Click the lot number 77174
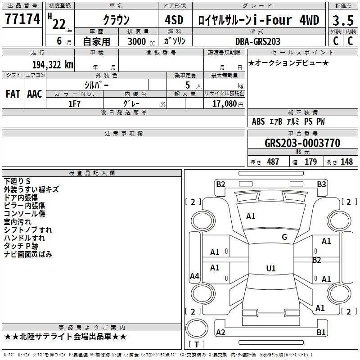[22, 19]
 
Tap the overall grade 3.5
[343, 20]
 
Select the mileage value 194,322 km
[53, 65]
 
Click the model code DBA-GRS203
[258, 41]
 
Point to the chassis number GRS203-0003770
[302, 143]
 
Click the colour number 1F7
[74, 104]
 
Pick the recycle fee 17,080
[225, 104]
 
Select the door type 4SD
[174, 20]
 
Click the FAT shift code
[13, 94]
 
